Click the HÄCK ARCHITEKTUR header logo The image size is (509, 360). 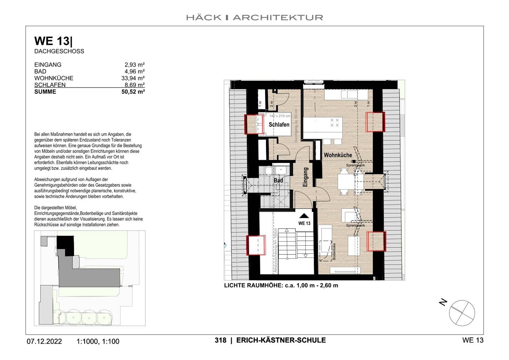[254, 17]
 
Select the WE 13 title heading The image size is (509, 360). [53, 41]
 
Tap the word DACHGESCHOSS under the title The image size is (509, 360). [59, 51]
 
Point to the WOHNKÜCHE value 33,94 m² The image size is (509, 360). [133, 78]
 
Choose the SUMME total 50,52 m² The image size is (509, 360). [133, 92]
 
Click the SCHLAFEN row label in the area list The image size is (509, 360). [50, 85]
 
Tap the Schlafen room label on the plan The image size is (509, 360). [279, 125]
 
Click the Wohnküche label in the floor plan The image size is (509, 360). [338, 155]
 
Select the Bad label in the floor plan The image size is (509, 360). [278, 181]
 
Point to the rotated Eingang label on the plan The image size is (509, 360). [305, 177]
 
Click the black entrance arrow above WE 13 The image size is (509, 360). [304, 215]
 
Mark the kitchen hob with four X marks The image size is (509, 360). [335, 122]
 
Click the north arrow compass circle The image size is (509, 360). [462, 313]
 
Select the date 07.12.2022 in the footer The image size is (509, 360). [44, 341]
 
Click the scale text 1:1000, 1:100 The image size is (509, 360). [98, 341]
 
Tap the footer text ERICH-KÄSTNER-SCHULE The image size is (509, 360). [281, 340]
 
